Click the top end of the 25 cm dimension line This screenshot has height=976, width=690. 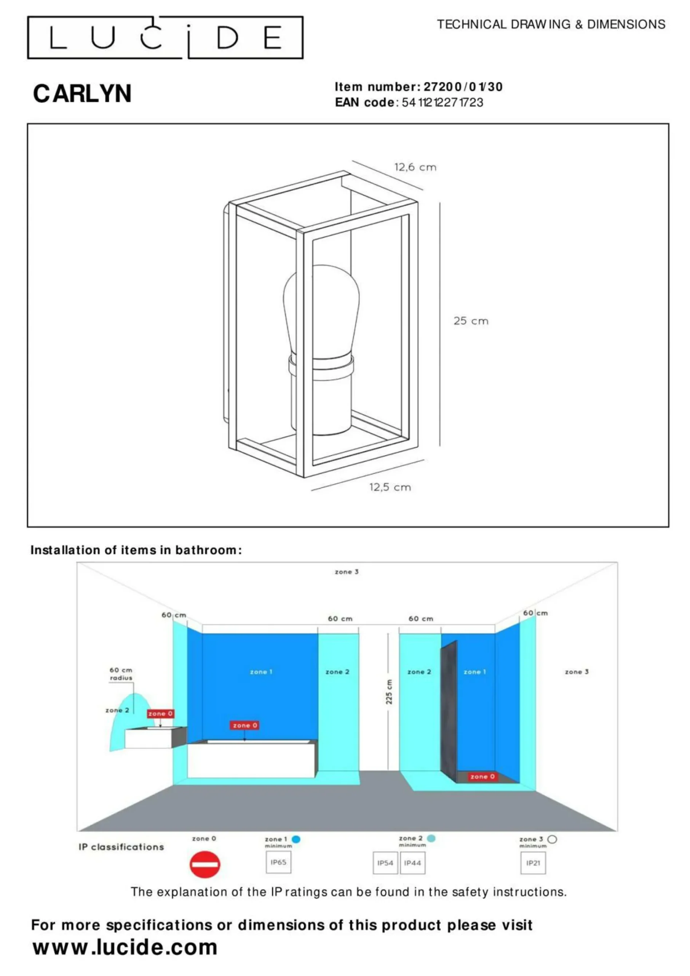pos(440,203)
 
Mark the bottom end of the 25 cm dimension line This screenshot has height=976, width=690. pos(440,446)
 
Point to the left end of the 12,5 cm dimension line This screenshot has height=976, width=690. pos(311,491)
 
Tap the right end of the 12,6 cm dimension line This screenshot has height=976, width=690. pos(423,189)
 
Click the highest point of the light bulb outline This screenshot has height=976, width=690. pos(322,265)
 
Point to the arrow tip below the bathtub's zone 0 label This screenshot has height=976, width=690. pos(244,741)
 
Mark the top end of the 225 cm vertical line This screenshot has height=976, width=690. pos(388,634)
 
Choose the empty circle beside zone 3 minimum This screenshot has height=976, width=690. pos(552,839)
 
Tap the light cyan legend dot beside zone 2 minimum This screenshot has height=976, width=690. pos(431,838)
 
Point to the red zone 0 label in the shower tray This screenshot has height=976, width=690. pos(482,776)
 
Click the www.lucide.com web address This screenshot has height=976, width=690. pos(125,947)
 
